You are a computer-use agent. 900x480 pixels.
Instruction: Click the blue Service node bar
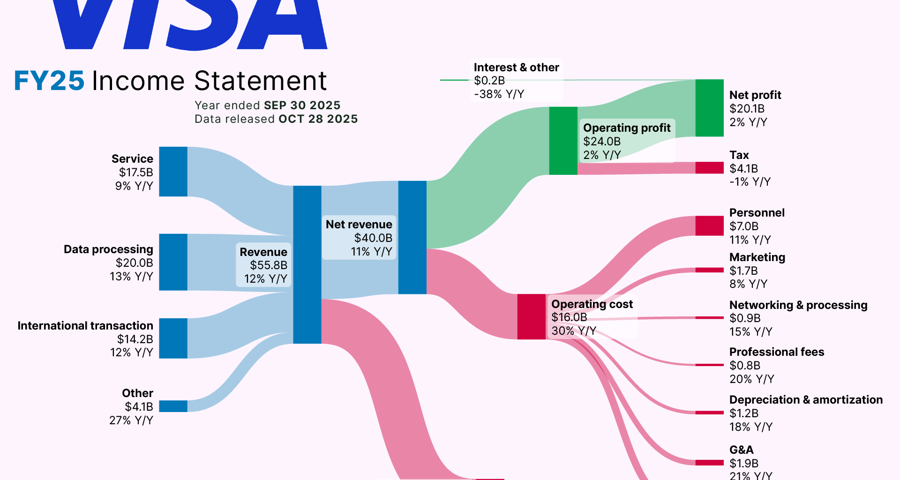click(x=173, y=172)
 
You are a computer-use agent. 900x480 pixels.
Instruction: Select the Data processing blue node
click(x=173, y=262)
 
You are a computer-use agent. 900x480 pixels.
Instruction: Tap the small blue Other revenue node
click(x=173, y=406)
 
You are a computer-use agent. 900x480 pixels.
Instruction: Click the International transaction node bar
click(x=173, y=338)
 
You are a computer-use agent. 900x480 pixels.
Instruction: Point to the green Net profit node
click(x=709, y=108)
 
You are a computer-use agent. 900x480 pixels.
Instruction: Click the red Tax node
click(x=709, y=168)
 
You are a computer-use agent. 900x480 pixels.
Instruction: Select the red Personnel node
click(x=709, y=226)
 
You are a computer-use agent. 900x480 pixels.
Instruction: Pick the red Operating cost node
click(x=531, y=316)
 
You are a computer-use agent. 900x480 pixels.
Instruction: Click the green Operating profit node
click(x=563, y=141)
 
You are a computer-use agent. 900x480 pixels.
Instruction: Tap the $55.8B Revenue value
click(x=269, y=265)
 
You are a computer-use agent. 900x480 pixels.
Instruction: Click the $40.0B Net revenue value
click(x=373, y=238)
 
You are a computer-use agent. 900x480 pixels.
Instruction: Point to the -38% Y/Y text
click(x=499, y=94)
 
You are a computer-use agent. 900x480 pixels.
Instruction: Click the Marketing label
click(x=757, y=257)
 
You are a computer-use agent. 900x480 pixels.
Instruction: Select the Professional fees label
click(x=776, y=352)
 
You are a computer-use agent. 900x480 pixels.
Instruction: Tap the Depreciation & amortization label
click(x=805, y=400)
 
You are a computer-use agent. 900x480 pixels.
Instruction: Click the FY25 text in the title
click(x=49, y=81)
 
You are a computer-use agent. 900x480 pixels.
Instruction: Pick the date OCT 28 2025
click(x=318, y=119)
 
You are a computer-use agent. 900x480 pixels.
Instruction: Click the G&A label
click(x=741, y=450)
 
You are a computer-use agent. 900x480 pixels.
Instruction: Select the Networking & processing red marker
click(x=709, y=318)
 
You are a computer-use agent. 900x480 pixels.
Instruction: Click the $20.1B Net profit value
click(x=747, y=109)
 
